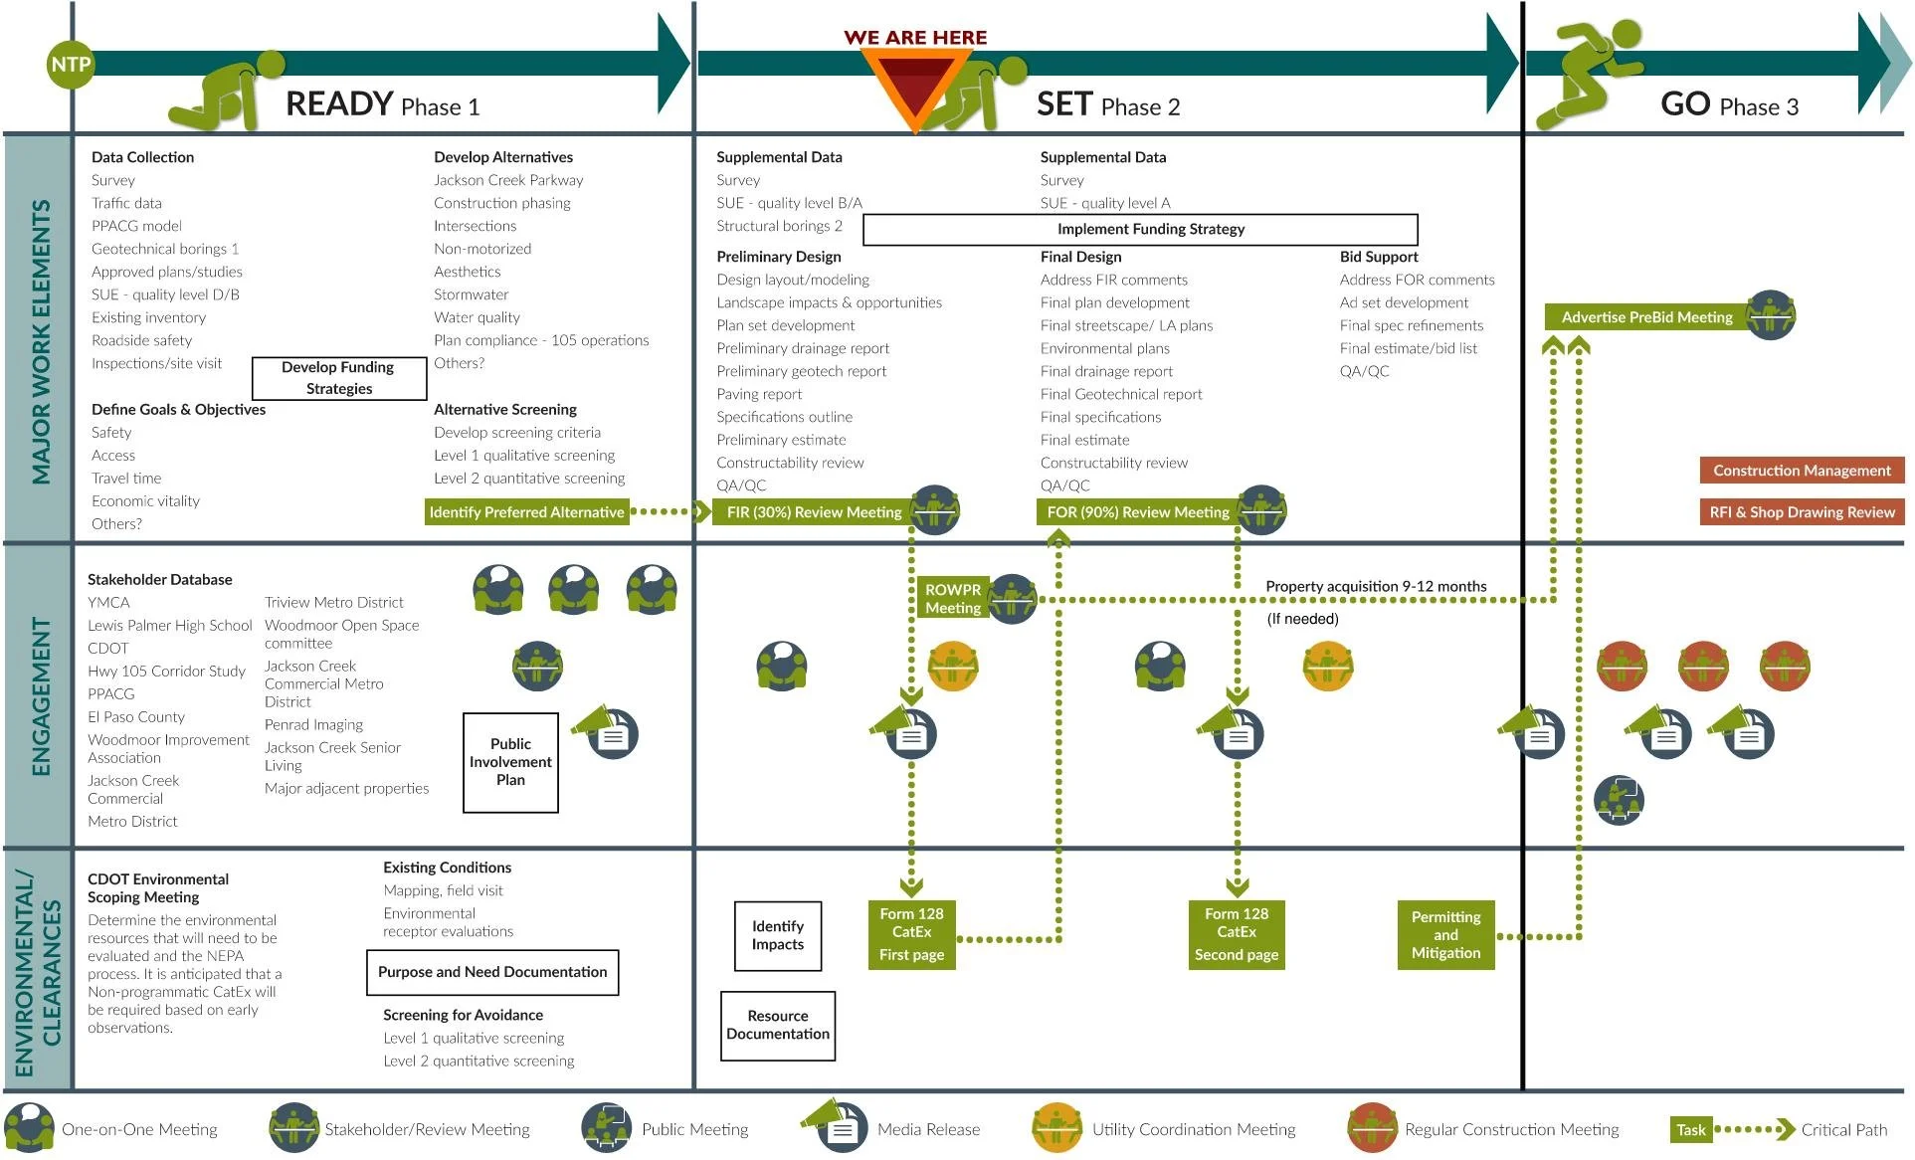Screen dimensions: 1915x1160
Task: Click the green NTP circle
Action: pyautogui.click(x=71, y=65)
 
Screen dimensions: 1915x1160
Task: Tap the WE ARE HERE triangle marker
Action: pyautogui.click(x=914, y=85)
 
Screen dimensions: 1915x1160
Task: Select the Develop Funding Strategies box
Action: pyautogui.click(x=339, y=378)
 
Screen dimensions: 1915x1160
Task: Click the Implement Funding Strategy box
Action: pyautogui.click(x=1140, y=230)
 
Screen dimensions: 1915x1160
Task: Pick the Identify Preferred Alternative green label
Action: pyautogui.click(x=527, y=512)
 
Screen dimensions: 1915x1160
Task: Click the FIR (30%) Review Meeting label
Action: pyautogui.click(x=815, y=512)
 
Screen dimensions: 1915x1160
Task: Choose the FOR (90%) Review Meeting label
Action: pyautogui.click(x=1138, y=512)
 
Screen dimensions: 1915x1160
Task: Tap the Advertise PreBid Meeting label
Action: pyautogui.click(x=1647, y=317)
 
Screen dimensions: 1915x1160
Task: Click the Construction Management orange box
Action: pyautogui.click(x=1802, y=471)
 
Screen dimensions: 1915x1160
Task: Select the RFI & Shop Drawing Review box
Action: pyautogui.click(x=1802, y=512)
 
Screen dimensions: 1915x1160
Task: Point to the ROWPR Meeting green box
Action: pyautogui.click(x=953, y=599)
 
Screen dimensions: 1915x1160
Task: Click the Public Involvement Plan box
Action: pyautogui.click(x=510, y=762)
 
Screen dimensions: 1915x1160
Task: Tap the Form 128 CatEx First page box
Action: pyautogui.click(x=911, y=934)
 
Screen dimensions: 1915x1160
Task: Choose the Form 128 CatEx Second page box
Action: pyautogui.click(x=1237, y=934)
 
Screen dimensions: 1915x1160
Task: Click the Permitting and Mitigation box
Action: pyautogui.click(x=1445, y=935)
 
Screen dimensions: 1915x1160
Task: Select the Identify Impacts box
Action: pyautogui.click(x=778, y=935)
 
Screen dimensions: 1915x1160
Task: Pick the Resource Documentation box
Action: pyautogui.click(x=778, y=1026)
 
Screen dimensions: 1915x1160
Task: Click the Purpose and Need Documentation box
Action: pyautogui.click(x=492, y=972)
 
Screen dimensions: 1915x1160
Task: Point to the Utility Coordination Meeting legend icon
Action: pyautogui.click(x=1056, y=1128)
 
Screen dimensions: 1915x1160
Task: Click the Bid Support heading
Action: pyautogui.click(x=1379, y=257)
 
